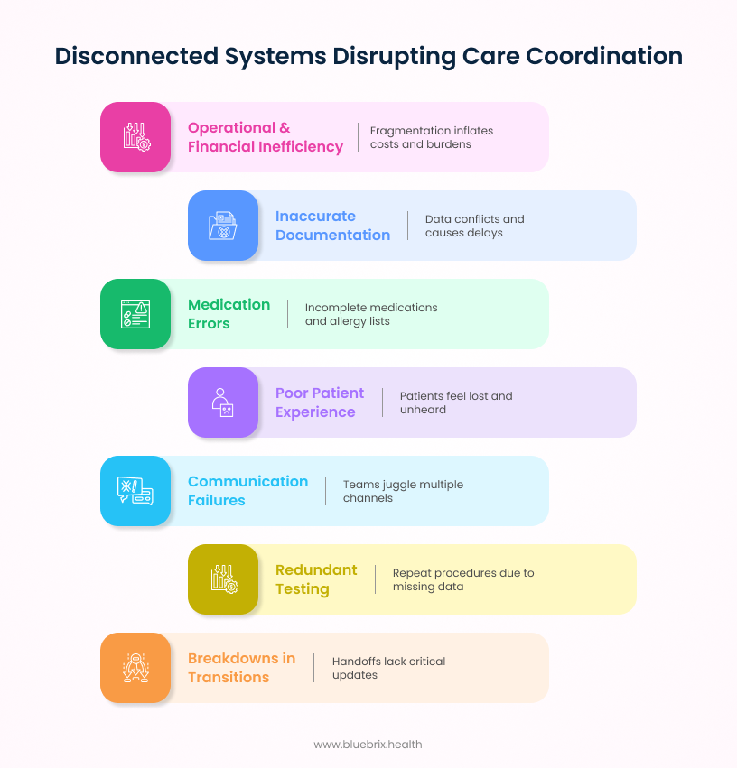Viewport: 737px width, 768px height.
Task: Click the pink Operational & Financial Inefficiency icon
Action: pyautogui.click(x=135, y=137)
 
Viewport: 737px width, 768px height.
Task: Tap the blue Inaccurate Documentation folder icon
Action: pyautogui.click(x=223, y=226)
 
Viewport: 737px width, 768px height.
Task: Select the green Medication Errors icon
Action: pyautogui.click(x=135, y=314)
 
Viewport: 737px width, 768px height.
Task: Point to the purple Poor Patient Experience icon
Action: pyautogui.click(x=223, y=403)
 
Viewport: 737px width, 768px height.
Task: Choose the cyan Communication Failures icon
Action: pyautogui.click(x=135, y=491)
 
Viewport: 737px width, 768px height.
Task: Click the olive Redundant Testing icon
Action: pyautogui.click(x=223, y=579)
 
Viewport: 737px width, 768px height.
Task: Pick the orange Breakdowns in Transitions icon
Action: pyautogui.click(x=135, y=668)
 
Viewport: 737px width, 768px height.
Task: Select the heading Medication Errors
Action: pyautogui.click(x=229, y=314)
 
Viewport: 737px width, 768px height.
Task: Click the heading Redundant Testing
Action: pyautogui.click(x=316, y=579)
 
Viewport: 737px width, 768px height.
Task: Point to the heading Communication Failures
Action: pyautogui.click(x=247, y=491)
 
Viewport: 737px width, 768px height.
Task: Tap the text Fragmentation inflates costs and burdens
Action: pyautogui.click(x=431, y=137)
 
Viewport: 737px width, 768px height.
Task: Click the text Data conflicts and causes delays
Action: pyautogui.click(x=474, y=226)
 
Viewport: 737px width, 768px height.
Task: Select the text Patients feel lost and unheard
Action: pyautogui.click(x=455, y=403)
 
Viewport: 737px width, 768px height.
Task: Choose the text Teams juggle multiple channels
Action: pyautogui.click(x=403, y=491)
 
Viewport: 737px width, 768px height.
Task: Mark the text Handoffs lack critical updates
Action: pyautogui.click(x=388, y=668)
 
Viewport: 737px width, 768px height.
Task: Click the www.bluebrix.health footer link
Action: pyautogui.click(x=368, y=745)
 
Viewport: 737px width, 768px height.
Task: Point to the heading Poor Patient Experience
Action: pyautogui.click(x=319, y=403)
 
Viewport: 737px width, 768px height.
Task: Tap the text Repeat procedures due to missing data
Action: pyautogui.click(x=462, y=579)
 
